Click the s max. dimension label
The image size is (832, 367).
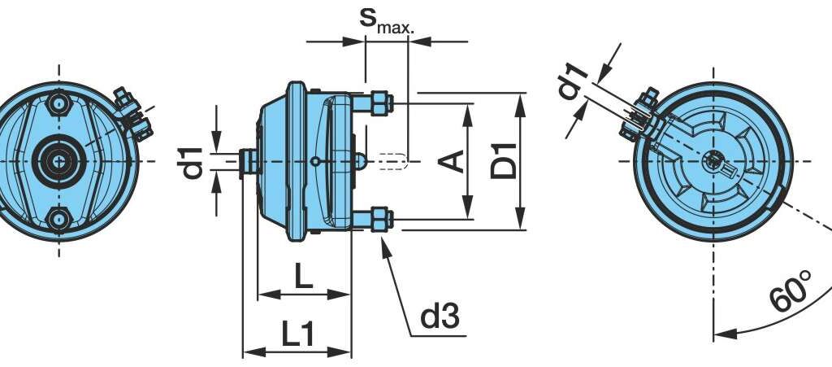pos(386,20)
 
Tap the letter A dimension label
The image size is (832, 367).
pos(452,161)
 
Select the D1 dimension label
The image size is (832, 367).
pos(504,160)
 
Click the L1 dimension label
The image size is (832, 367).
pos(297,334)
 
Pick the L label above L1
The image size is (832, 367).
pos(304,276)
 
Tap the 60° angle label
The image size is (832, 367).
pos(791,291)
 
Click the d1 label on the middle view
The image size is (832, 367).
pos(190,163)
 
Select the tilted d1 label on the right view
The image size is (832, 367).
pos(573,81)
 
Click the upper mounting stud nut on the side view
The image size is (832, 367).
pos(381,103)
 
